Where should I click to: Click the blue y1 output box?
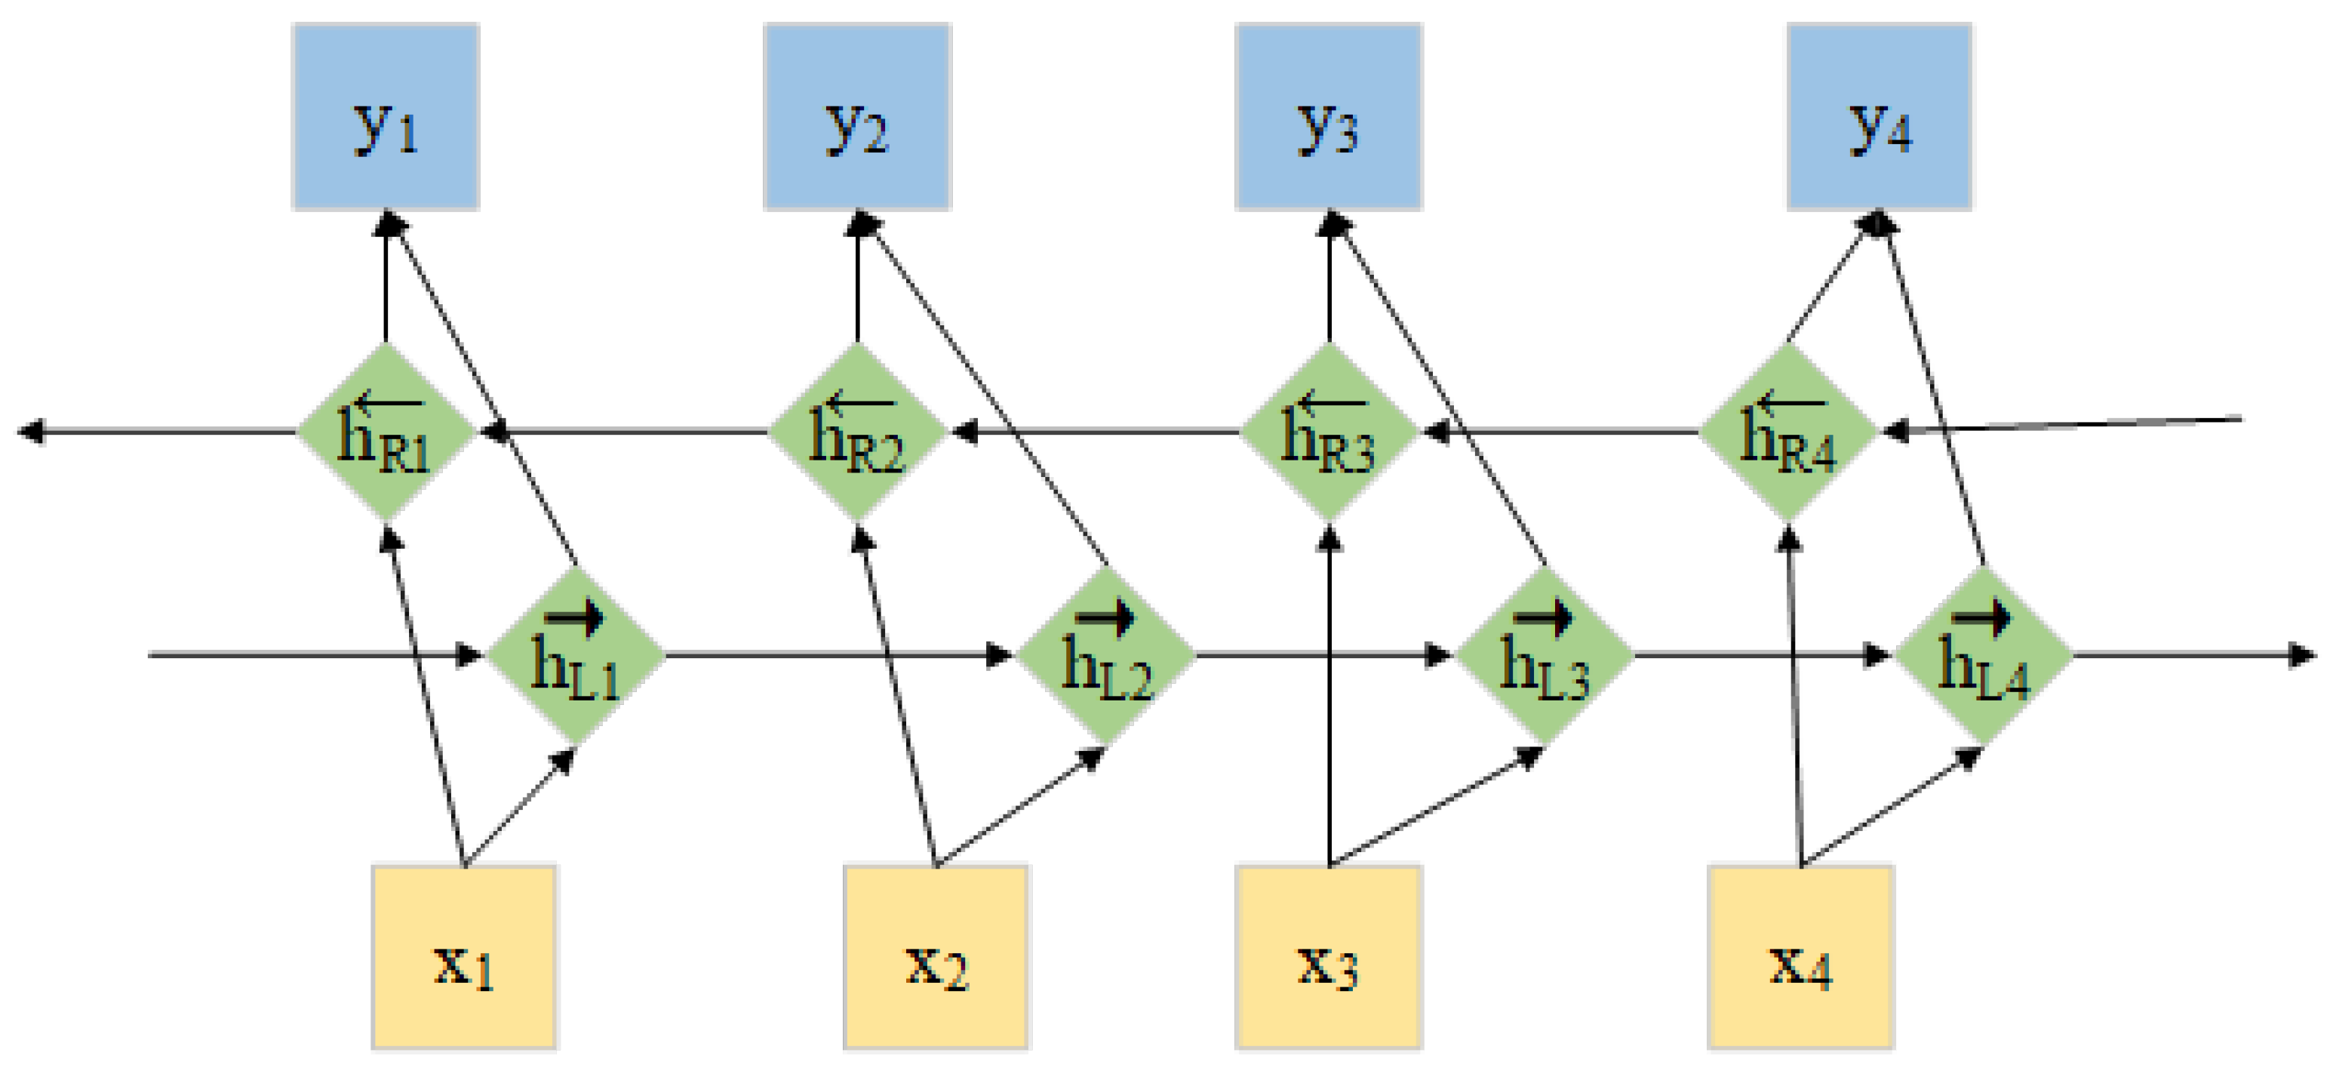386,117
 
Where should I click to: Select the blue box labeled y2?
856,117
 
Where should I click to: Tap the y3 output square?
1329,117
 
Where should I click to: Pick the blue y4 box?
1880,117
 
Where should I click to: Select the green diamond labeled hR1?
386,432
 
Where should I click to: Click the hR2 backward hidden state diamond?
856,432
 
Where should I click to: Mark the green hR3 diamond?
1329,432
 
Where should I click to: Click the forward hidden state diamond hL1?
576,655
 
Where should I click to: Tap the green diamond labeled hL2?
1107,655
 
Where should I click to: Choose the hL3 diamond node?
1545,655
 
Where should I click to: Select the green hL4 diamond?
1984,655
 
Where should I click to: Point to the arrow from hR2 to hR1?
625,432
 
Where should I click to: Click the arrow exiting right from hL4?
2192,654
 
